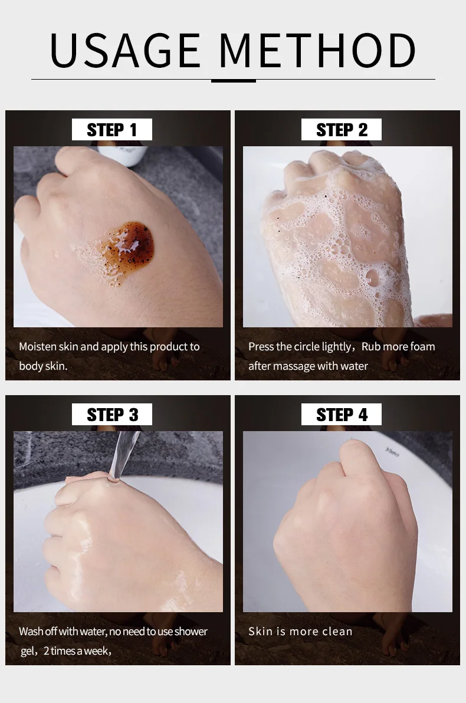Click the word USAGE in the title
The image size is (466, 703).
coord(125,50)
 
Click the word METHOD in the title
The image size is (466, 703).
coord(317,50)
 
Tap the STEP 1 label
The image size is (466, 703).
coord(111,130)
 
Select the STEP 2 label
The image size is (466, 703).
coord(342,130)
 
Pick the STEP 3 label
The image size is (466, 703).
coord(111,415)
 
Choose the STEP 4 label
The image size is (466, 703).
coord(342,415)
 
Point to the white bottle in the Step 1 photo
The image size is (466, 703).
coord(123,155)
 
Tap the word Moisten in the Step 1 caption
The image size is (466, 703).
coord(38,347)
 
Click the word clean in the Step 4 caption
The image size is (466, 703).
coord(337,631)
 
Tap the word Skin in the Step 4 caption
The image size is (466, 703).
coord(261,631)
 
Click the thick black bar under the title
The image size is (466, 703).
coord(233,81)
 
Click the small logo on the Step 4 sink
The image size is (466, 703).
coord(391,452)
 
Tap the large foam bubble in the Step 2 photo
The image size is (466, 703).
coord(372,277)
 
